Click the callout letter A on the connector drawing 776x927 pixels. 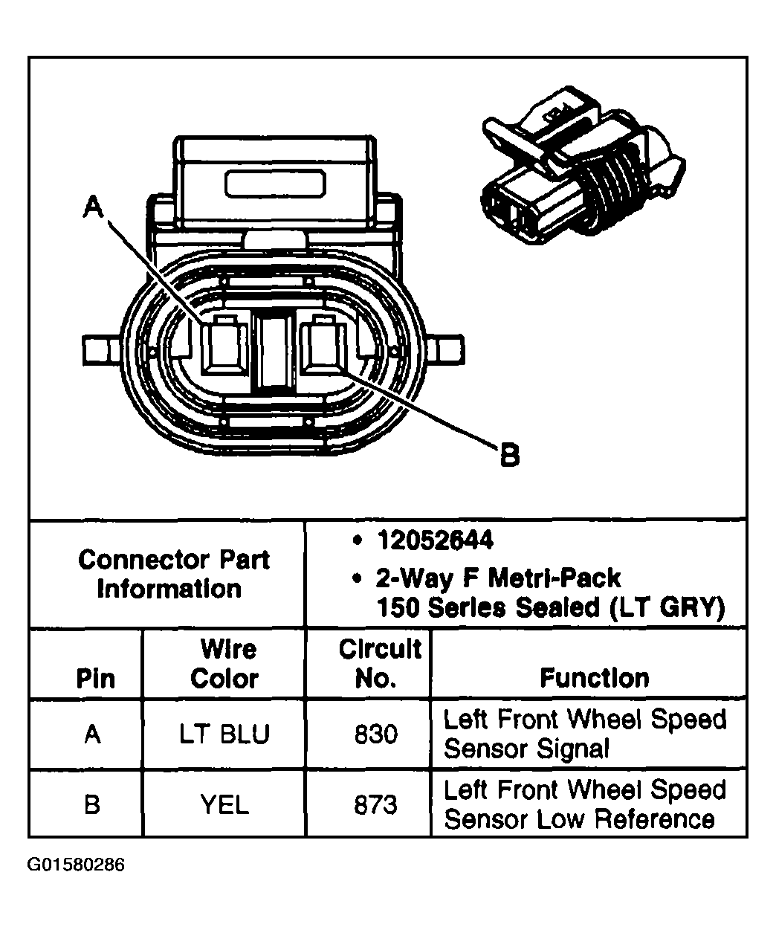93,207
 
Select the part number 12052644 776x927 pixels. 435,540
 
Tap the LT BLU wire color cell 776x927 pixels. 224,734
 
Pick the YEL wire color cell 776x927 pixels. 224,804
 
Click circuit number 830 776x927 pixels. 375,734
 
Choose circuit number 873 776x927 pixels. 375,804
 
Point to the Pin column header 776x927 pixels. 96,679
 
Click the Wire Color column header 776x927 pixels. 224,664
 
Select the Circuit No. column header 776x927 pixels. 379,664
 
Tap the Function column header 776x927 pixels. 594,678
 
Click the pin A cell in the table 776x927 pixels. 92,734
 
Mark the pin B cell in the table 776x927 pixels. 92,804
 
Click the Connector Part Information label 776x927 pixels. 173,574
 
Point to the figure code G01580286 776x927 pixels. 76,865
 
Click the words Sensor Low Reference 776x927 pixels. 579,819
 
